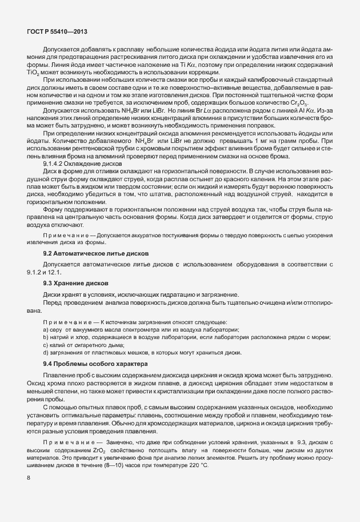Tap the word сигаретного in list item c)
pos(98,345)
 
